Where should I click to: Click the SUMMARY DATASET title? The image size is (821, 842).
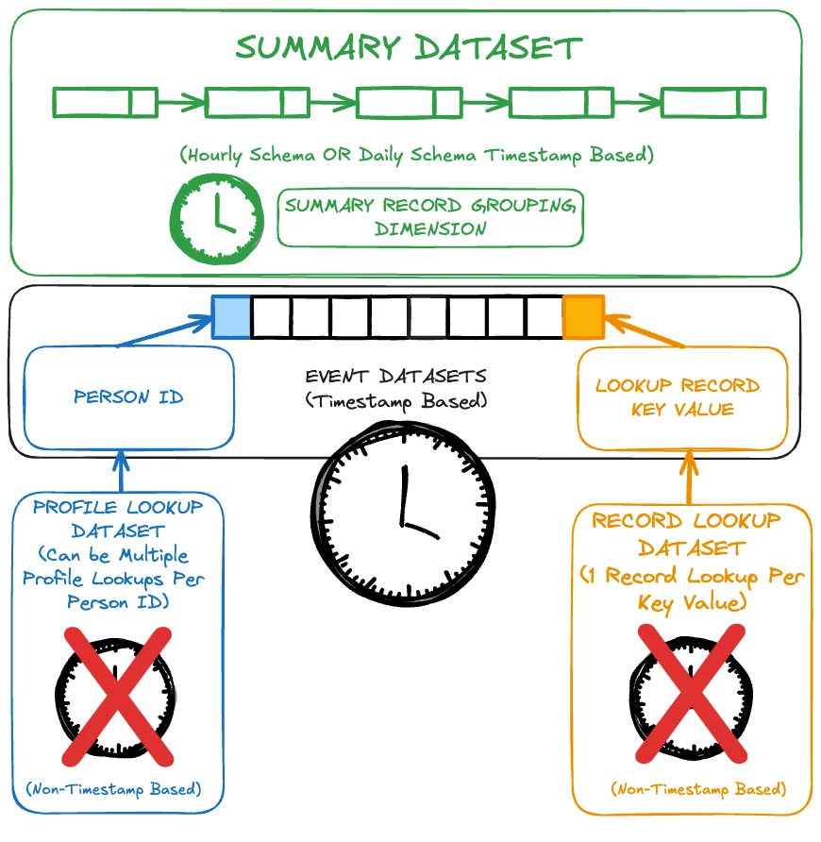click(x=409, y=48)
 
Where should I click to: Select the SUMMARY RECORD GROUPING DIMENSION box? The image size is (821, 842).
click(x=429, y=217)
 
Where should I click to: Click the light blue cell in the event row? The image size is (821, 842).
click(x=231, y=316)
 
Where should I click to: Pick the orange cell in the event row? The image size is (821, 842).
click(x=582, y=317)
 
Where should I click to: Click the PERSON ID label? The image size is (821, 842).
click(x=128, y=396)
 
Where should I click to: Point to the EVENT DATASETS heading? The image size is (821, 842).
click(x=395, y=378)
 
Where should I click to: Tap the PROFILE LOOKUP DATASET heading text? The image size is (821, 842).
click(x=118, y=518)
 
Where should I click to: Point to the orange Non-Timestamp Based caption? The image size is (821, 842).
click(x=698, y=788)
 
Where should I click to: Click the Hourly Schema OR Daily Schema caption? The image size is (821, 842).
click(x=415, y=154)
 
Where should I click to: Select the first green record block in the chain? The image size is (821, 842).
click(x=105, y=102)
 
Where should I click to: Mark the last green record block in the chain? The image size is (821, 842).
click(x=713, y=102)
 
